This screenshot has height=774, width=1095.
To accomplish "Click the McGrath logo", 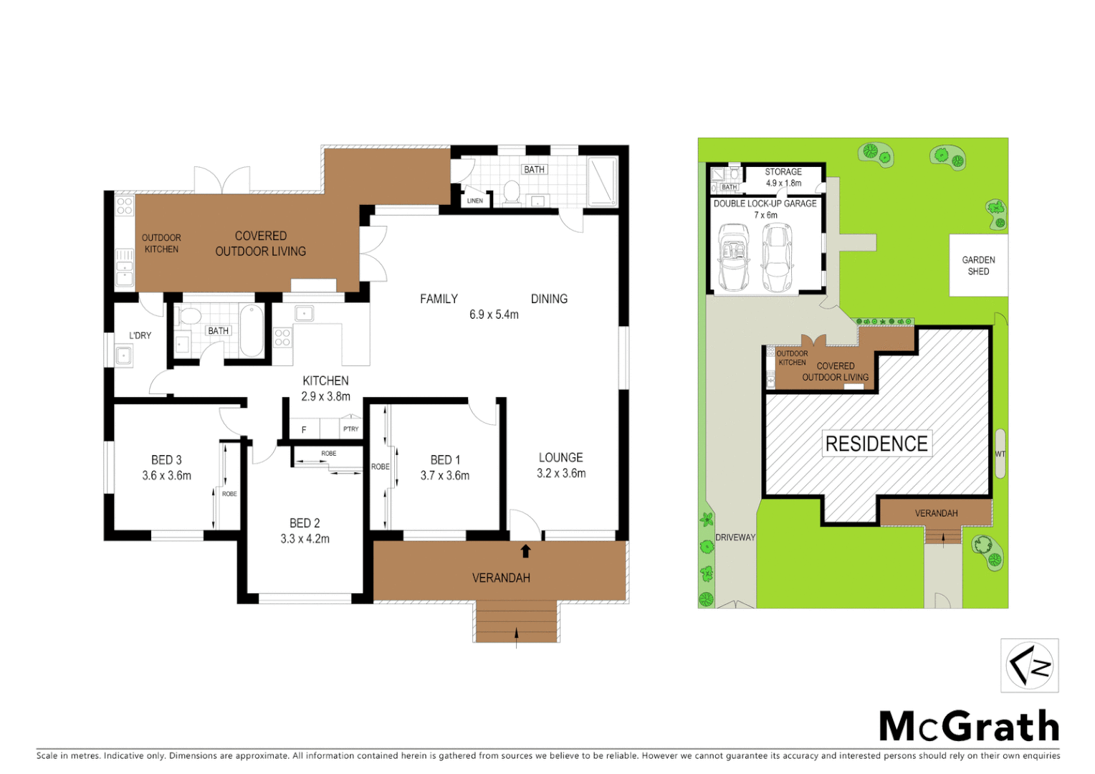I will coord(969,727).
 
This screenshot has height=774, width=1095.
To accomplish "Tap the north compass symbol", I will coord(1029,665).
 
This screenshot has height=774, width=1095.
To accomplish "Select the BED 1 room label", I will coord(445,460).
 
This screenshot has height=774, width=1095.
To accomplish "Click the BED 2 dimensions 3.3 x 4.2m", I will coord(305,539).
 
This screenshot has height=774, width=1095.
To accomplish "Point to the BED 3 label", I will coord(166,460).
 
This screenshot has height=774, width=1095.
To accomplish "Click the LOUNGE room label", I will coord(560,457).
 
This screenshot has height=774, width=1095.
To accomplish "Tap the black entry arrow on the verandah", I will coord(525,550).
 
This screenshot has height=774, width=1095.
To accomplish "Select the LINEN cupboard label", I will coord(475,201).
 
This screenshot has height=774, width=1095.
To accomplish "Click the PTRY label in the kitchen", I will coord(350,429).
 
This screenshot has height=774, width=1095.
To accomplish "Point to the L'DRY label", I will coord(140,335).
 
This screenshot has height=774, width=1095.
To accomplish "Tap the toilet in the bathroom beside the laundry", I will coord(190,317).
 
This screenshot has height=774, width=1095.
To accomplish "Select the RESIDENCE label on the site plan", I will coord(876,444).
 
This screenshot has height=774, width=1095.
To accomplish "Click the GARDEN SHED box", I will coord(978,265).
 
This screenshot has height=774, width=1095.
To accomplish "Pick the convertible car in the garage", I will coord(733,257).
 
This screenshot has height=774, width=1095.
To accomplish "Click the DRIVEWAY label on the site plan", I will coord(735,537).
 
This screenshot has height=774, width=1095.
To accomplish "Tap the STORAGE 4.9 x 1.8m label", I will coord(783,177).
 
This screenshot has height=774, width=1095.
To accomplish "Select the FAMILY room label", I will coord(439,299).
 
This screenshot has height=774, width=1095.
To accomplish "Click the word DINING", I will coord(549,299).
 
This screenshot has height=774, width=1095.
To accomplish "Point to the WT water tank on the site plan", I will coord(1000,454).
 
